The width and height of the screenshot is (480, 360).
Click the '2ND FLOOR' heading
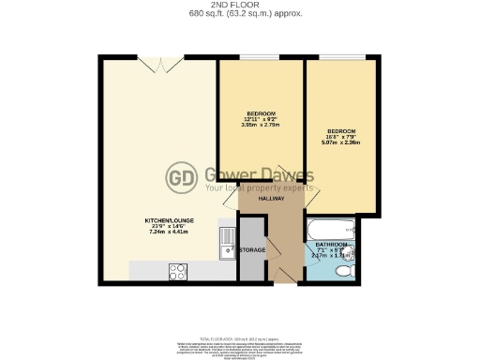(x=239, y=5)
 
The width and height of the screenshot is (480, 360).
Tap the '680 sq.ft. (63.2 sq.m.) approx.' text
(x=239, y=14)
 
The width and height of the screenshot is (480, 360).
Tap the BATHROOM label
(x=332, y=245)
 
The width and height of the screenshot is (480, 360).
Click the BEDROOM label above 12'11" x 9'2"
(x=261, y=113)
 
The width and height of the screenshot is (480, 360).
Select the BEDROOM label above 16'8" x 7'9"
(x=341, y=130)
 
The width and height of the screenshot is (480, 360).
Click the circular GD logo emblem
(x=180, y=177)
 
